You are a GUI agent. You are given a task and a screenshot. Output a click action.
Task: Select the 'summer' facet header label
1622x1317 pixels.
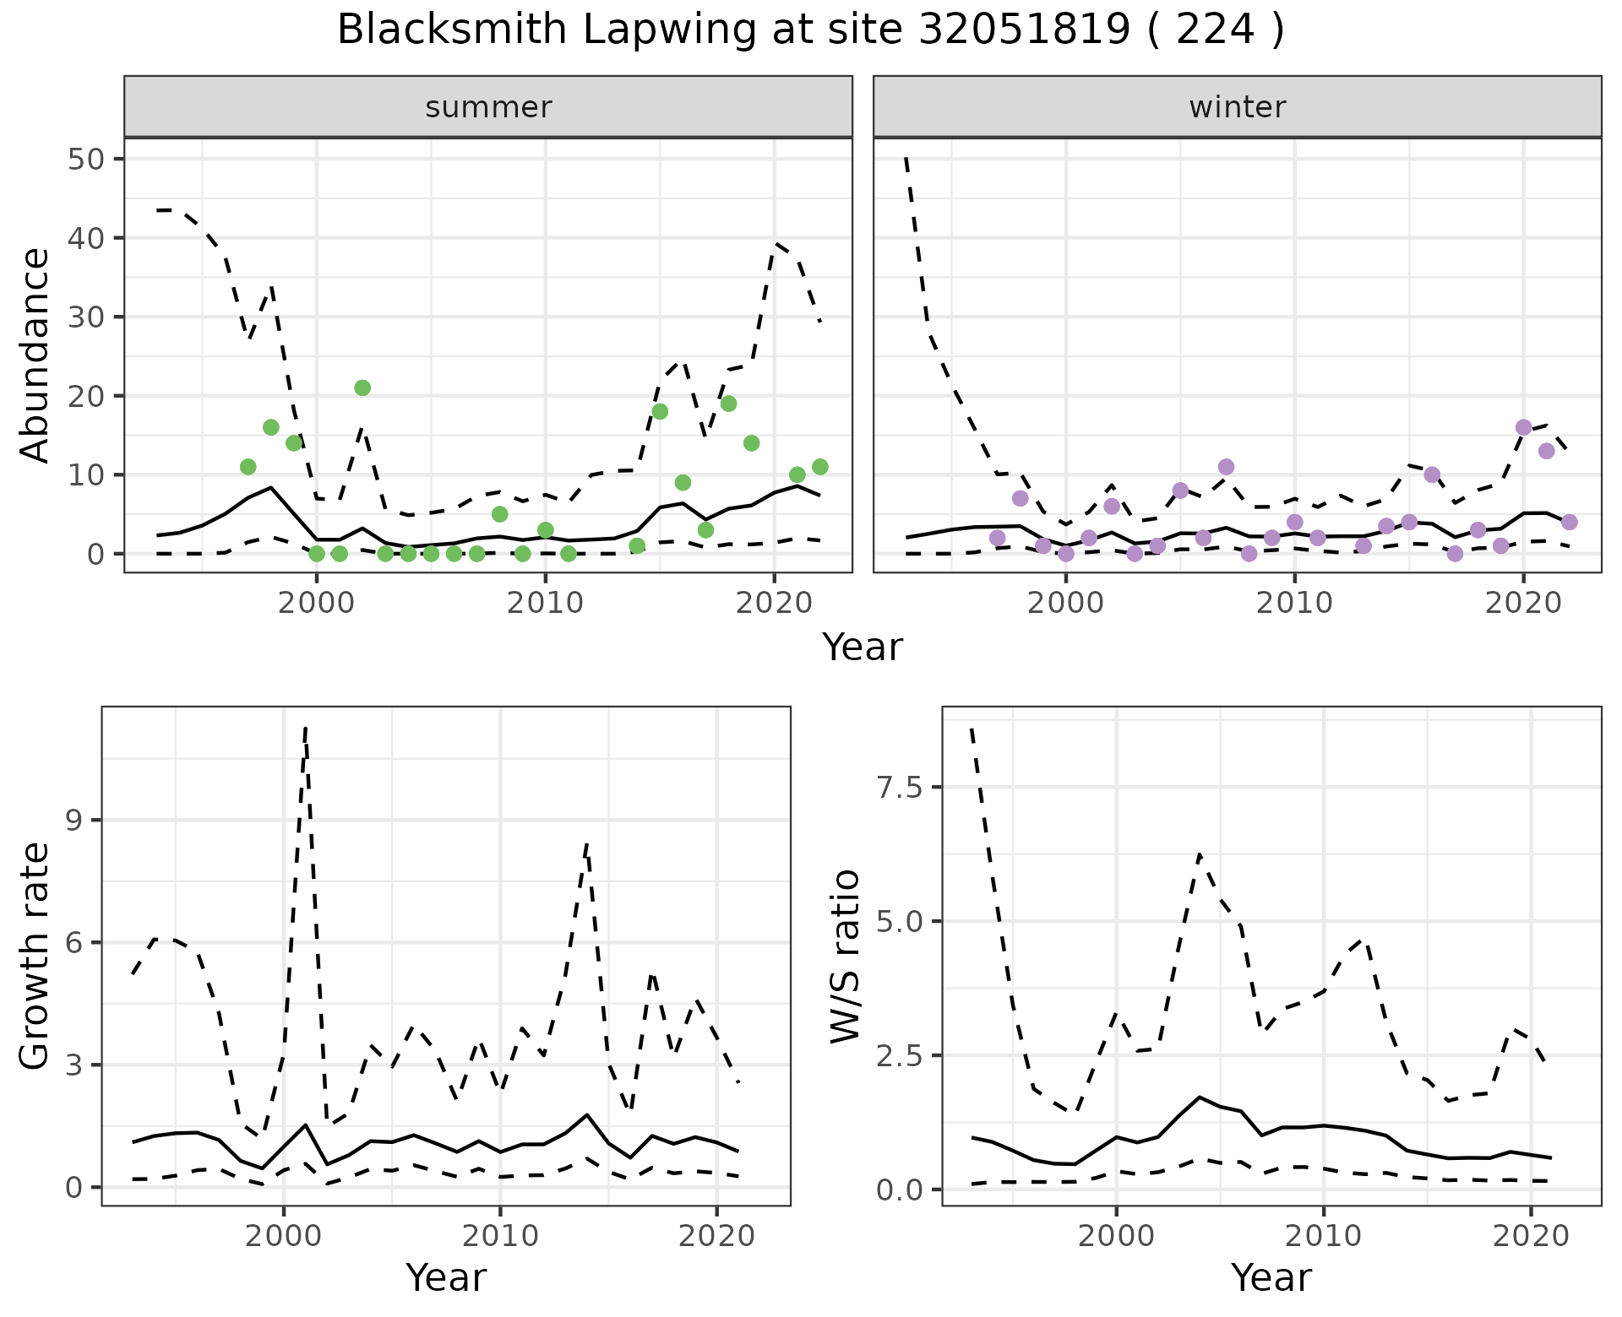(x=488, y=107)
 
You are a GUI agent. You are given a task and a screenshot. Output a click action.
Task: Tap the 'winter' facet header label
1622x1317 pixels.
(x=1237, y=107)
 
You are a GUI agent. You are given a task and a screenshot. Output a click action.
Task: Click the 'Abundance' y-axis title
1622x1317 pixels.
(x=35, y=355)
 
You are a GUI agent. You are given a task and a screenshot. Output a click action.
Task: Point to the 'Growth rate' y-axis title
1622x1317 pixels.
(x=35, y=956)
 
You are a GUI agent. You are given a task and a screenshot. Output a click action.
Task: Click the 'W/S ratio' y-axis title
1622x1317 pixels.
(x=845, y=956)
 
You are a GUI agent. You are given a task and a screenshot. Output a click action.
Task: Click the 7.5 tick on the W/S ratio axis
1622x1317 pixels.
(x=903, y=788)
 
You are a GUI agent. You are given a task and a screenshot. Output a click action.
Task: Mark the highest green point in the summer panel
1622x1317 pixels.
(x=362, y=388)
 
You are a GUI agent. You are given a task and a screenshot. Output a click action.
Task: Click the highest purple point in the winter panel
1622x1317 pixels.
(x=1524, y=428)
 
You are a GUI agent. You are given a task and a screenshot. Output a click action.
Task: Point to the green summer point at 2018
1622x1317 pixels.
(x=728, y=404)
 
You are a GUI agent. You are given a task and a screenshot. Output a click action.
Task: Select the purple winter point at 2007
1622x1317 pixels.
(x=1227, y=467)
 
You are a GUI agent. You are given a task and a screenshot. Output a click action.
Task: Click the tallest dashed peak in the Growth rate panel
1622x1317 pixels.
(x=305, y=727)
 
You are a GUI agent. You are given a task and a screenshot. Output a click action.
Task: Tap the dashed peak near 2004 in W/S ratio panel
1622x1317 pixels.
(x=1199, y=854)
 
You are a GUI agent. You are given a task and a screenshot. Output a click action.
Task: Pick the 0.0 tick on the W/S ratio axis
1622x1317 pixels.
(x=903, y=1190)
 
